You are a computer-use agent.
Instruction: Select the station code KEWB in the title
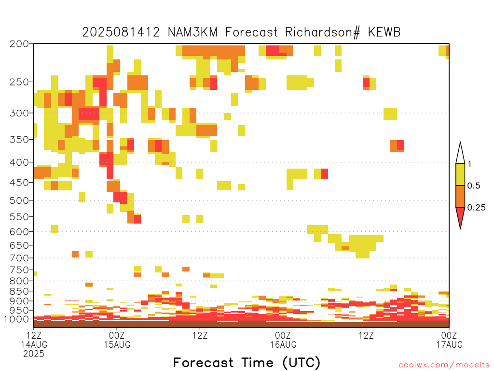(384, 32)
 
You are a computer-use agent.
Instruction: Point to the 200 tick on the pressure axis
(19, 44)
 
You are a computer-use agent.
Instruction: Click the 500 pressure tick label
(19, 200)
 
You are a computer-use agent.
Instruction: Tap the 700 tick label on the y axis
(19, 258)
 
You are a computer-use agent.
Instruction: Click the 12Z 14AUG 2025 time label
(34, 344)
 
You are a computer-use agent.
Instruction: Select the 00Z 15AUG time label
(117, 340)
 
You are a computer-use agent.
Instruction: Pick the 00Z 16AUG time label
(283, 340)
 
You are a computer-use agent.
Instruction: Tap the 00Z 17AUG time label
(449, 340)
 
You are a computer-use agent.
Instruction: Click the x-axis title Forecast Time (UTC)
(247, 363)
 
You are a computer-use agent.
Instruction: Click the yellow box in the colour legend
(460, 174)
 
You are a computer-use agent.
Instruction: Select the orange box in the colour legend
(460, 196)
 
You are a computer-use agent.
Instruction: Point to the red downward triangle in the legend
(460, 216)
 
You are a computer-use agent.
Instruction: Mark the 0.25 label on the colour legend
(476, 208)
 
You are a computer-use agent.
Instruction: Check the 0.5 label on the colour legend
(474, 186)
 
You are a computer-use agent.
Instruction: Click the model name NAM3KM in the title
(192, 32)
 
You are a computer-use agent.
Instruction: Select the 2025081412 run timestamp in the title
(121, 32)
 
